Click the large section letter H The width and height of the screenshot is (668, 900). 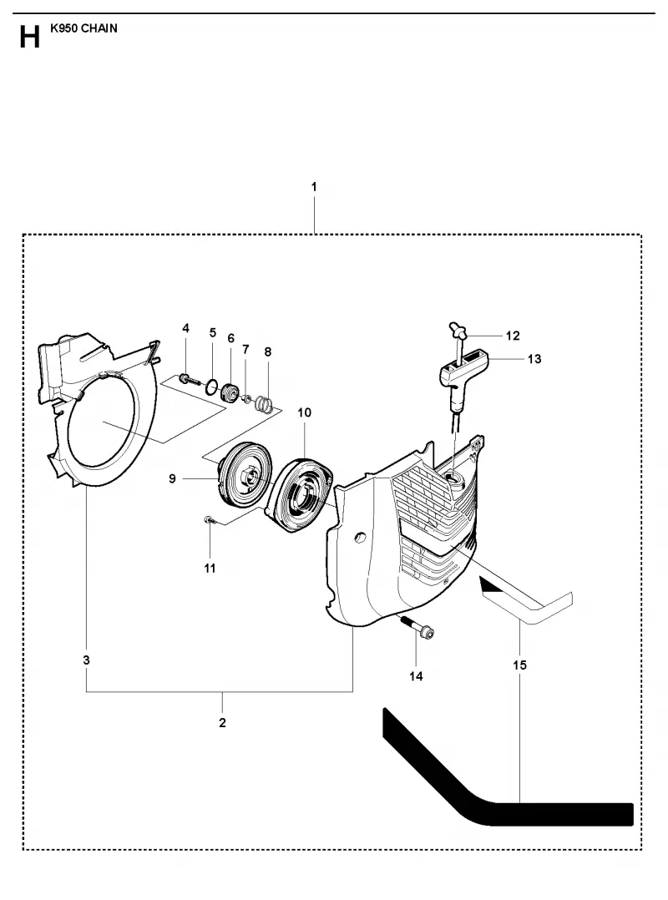pyautogui.click(x=30, y=38)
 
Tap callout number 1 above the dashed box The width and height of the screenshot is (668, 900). pyautogui.click(x=314, y=186)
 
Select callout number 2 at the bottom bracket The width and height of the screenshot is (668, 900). pyautogui.click(x=223, y=723)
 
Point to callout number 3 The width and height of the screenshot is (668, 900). pyautogui.click(x=86, y=660)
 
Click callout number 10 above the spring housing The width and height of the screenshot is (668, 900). pyautogui.click(x=304, y=412)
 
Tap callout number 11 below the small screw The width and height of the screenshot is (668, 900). pyautogui.click(x=210, y=569)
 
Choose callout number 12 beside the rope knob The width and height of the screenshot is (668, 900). pyautogui.click(x=513, y=336)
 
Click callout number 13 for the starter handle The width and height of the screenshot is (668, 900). pyautogui.click(x=534, y=359)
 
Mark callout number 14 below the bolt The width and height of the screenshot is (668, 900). pyautogui.click(x=416, y=676)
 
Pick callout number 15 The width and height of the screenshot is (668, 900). pyautogui.click(x=519, y=665)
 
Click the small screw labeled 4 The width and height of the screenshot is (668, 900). pyautogui.click(x=190, y=378)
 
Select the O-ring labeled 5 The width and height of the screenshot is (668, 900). pyautogui.click(x=212, y=387)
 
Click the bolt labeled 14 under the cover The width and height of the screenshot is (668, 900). pyautogui.click(x=418, y=629)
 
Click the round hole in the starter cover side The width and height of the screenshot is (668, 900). pyautogui.click(x=361, y=538)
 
